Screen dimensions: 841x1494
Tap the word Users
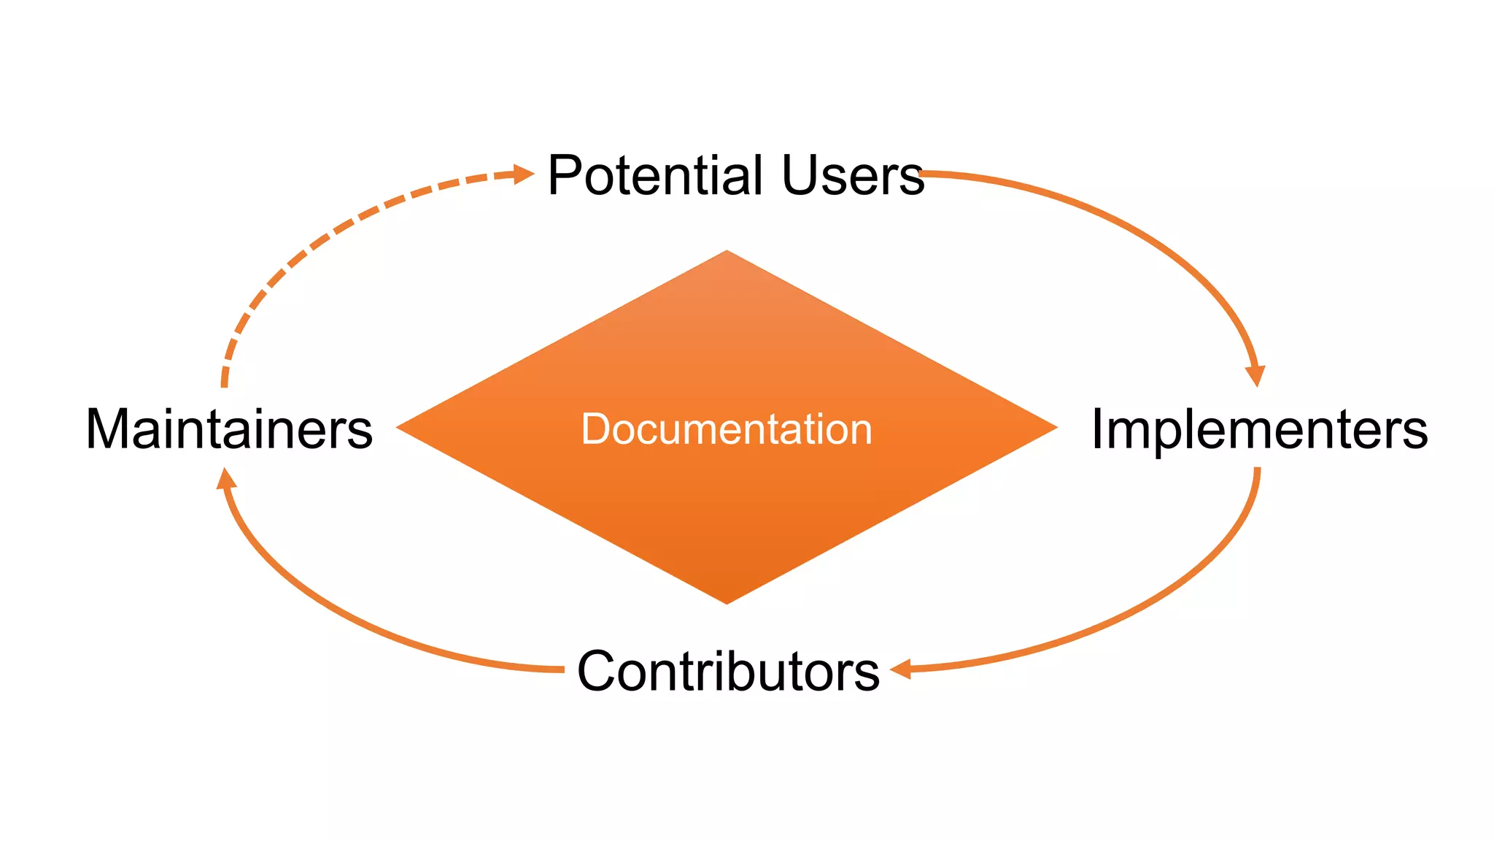click(852, 176)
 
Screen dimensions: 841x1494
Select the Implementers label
click(1259, 429)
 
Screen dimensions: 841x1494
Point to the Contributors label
click(728, 671)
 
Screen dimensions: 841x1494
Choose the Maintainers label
click(229, 429)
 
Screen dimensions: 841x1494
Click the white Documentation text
click(727, 429)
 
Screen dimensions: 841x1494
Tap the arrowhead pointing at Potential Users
click(524, 174)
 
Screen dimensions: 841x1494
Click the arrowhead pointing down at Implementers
click(1255, 375)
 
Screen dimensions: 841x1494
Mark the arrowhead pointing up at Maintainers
click(226, 479)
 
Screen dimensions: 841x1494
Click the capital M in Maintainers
click(106, 429)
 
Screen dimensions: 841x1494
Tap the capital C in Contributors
click(597, 671)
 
